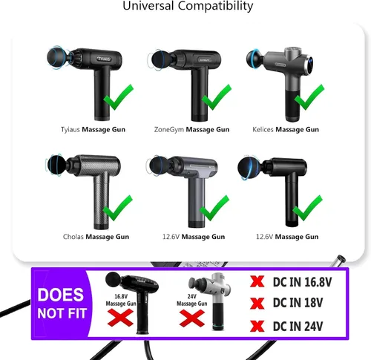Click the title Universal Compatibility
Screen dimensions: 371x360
tap(188, 6)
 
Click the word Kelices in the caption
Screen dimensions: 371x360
tap(263, 129)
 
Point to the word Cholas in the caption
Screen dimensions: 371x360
tap(73, 237)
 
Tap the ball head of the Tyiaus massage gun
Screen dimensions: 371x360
tap(56, 57)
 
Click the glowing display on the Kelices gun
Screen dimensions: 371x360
tap(311, 62)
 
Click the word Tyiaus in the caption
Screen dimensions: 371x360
tap(70, 129)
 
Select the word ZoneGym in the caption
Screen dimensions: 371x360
tap(168, 129)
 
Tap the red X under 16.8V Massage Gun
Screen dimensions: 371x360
tap(120, 318)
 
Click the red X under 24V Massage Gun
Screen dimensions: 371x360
tap(192, 318)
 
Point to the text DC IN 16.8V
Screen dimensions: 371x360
tap(302, 282)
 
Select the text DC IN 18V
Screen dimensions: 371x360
tap(298, 303)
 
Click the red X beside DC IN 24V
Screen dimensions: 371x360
tap(257, 326)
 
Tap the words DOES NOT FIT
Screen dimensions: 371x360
tap(62, 304)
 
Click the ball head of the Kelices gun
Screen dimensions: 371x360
tap(255, 59)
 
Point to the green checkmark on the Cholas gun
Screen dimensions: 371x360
tap(118, 209)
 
